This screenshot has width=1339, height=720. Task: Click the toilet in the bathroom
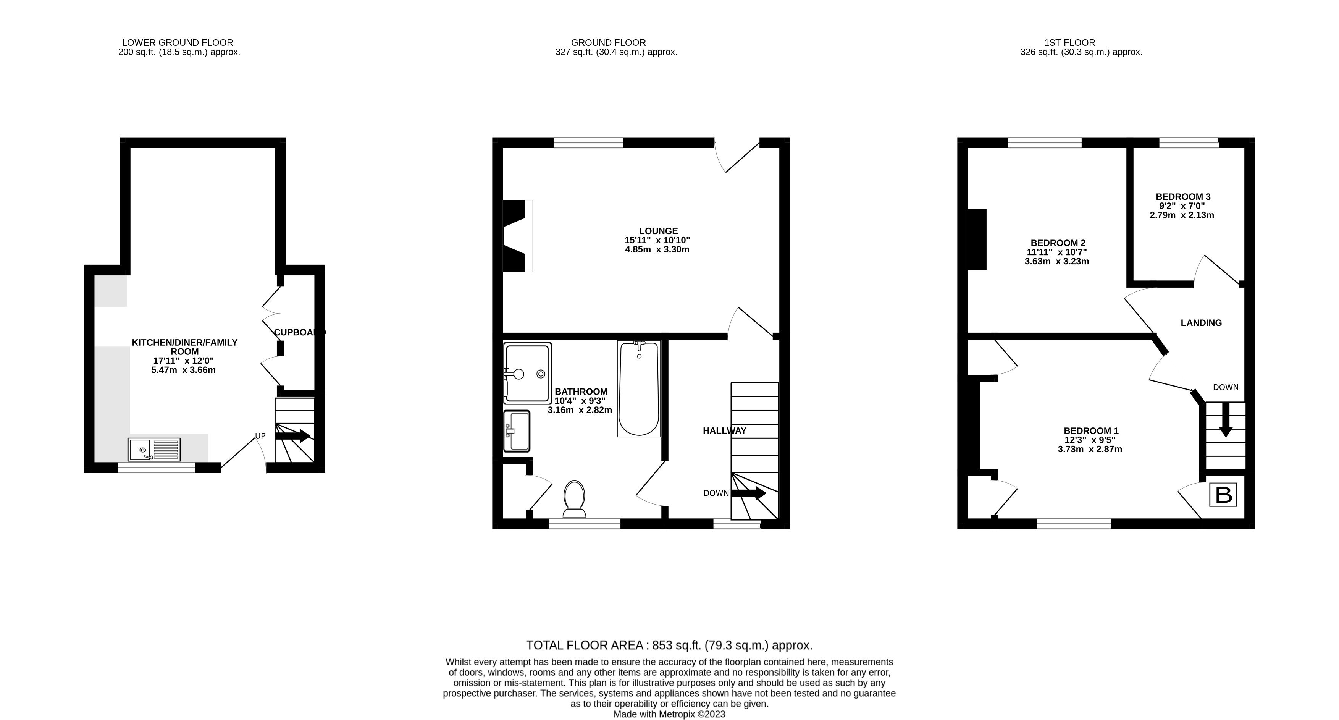[x=574, y=499]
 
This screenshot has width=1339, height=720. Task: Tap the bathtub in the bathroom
[x=639, y=388]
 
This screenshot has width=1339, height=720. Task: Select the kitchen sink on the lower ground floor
[x=154, y=450]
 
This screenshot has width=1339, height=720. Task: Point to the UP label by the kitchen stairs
[x=260, y=436]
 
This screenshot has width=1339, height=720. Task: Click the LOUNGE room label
[x=658, y=231]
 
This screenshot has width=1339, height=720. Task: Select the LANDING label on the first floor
[x=1201, y=322]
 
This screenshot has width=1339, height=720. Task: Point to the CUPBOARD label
[x=299, y=332]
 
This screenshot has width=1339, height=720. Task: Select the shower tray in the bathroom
[x=528, y=373]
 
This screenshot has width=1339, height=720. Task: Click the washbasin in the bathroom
[x=517, y=431]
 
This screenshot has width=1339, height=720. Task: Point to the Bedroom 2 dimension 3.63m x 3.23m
[x=1057, y=262]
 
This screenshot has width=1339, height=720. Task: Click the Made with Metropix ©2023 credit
[x=669, y=714]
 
